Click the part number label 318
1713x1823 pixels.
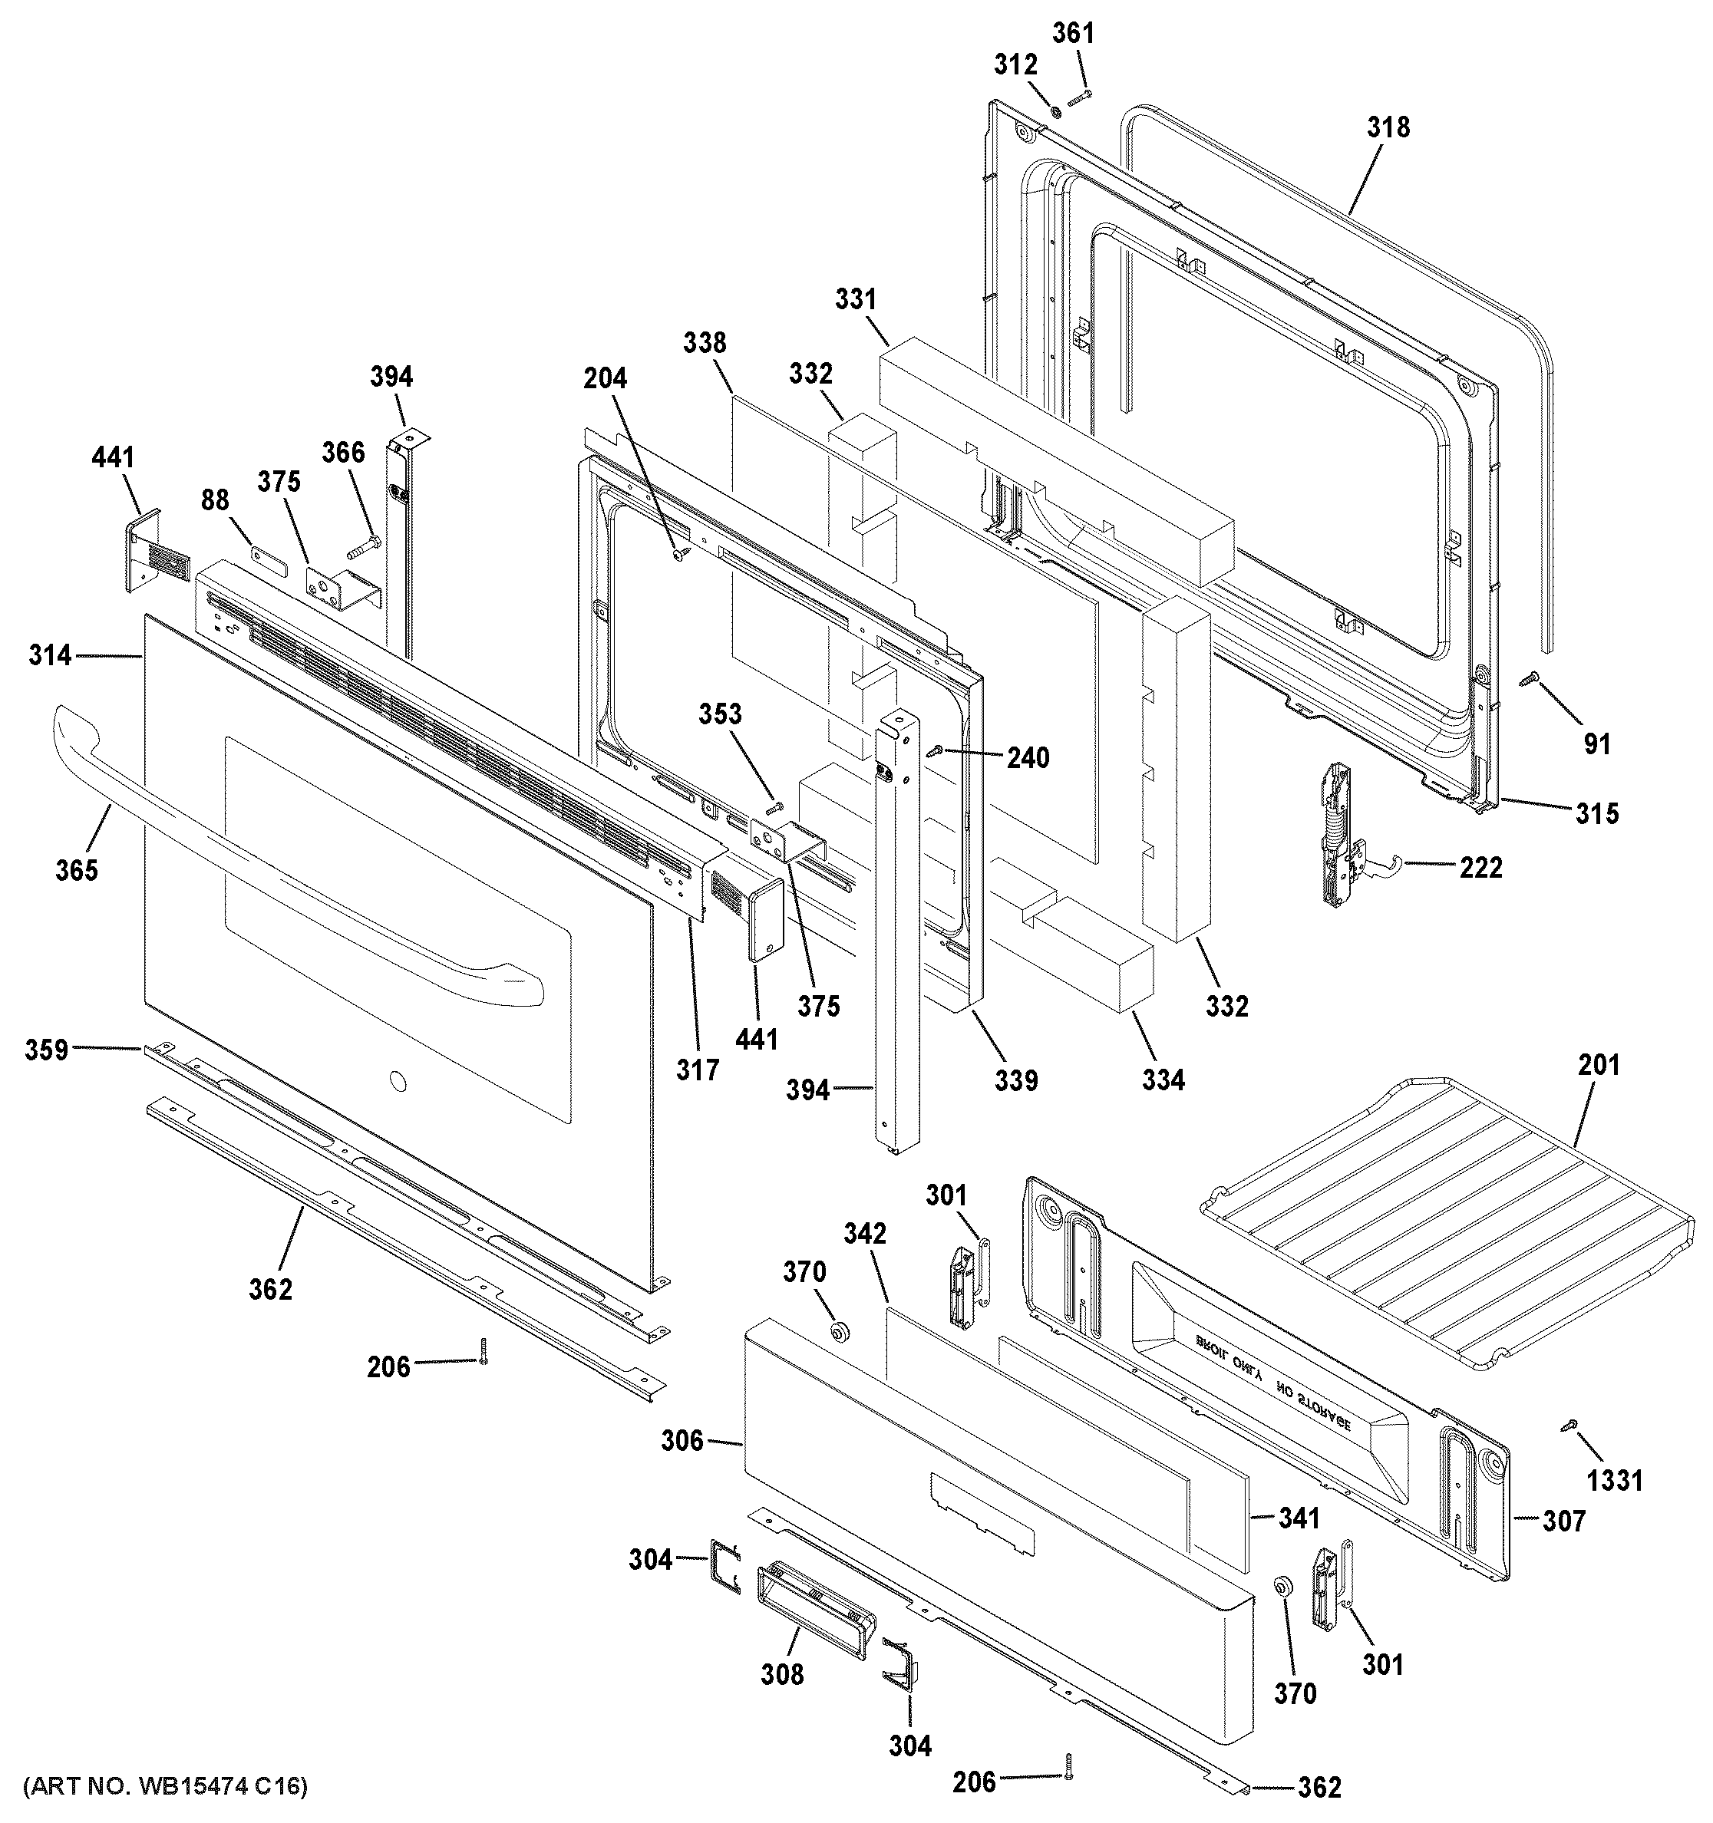point(1388,127)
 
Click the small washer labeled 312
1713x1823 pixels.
point(1055,112)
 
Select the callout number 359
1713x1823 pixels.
point(47,1049)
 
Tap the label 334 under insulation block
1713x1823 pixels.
point(1163,1080)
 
